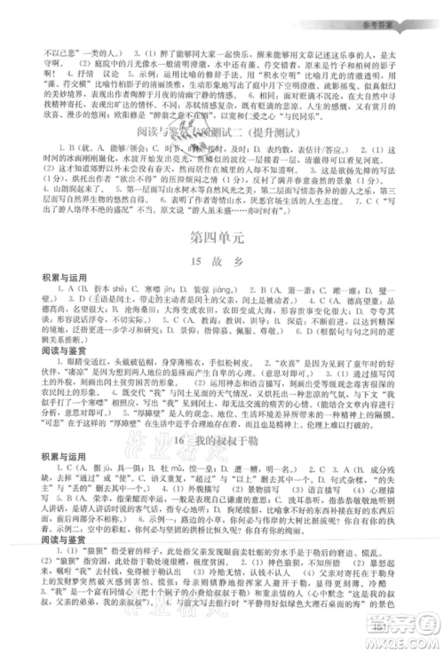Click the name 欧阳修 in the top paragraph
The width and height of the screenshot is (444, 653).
pyautogui.click(x=214, y=113)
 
